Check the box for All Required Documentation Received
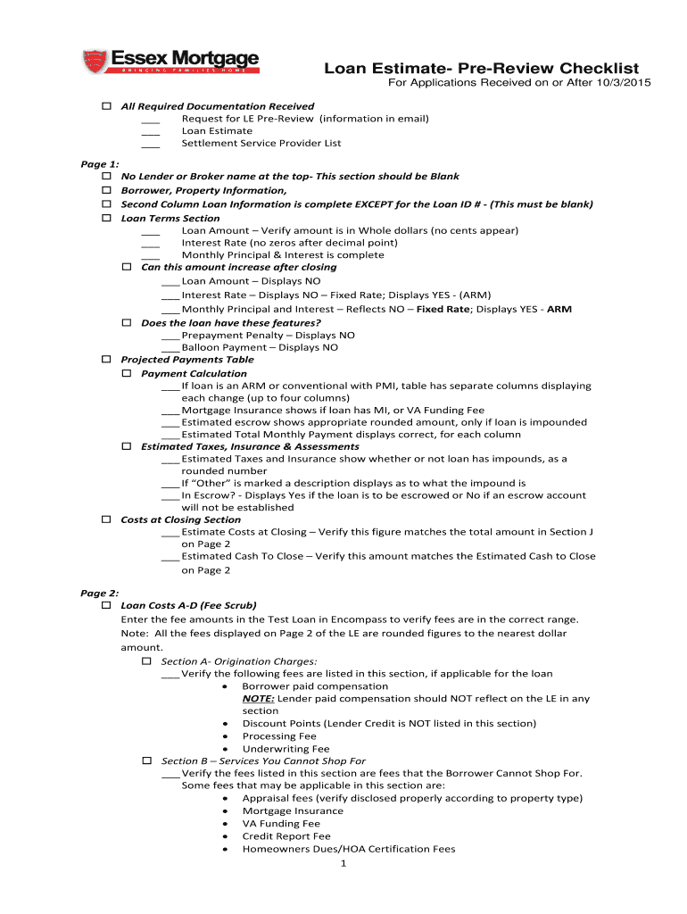tap(105, 106)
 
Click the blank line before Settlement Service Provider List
tap(150, 144)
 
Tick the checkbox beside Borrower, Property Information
tap(105, 190)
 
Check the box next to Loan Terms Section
tap(105, 218)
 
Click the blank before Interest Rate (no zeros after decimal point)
tap(150, 243)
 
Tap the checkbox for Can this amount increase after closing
tap(126, 267)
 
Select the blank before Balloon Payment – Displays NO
tap(170, 347)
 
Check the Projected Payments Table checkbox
tap(105, 359)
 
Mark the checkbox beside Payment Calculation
tap(126, 372)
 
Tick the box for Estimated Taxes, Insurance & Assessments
tap(126, 445)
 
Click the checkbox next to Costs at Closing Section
tap(105, 519)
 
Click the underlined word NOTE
tap(258, 699)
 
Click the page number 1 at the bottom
tap(343, 863)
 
